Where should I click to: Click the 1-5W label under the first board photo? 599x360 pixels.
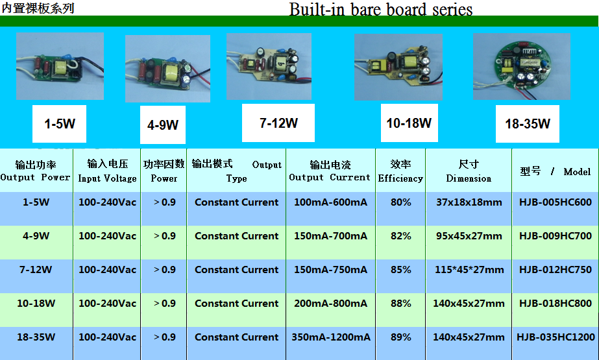tap(60, 124)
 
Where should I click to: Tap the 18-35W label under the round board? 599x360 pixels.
tap(528, 124)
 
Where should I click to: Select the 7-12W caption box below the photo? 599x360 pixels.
tap(278, 123)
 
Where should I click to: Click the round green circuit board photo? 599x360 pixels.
tap(522, 66)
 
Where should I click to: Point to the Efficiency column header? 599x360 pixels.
tap(400, 171)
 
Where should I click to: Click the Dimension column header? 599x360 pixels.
tap(469, 171)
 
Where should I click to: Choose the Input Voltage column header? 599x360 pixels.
tap(107, 171)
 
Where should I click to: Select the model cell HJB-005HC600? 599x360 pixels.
tap(555, 202)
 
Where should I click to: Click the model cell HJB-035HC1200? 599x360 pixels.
tap(556, 337)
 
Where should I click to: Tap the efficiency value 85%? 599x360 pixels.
tap(400, 270)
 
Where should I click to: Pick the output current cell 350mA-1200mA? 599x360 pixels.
tap(331, 337)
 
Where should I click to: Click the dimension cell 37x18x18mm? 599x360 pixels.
tap(469, 202)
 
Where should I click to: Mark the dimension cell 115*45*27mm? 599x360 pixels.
tap(469, 270)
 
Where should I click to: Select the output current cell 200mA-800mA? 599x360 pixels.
tap(330, 304)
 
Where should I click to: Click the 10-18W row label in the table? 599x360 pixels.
tap(36, 304)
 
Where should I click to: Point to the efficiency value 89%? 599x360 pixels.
tap(400, 337)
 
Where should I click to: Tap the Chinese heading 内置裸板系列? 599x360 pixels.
tap(38, 8)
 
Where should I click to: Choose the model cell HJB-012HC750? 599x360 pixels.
tap(555, 270)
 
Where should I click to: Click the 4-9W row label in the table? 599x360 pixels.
tap(36, 236)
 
